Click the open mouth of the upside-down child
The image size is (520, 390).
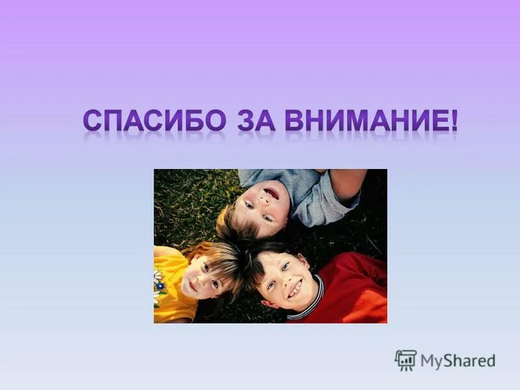(271, 193)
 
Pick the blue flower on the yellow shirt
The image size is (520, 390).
(159, 284)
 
